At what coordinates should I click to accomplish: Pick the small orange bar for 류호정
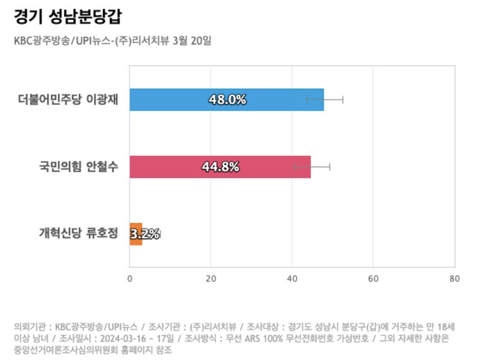coord(136,234)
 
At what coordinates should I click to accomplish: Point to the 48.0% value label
coord(227,100)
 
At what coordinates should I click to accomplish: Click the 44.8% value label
coord(220,167)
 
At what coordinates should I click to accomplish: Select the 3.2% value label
coord(145,234)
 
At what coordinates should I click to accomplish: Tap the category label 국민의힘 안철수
coord(75,167)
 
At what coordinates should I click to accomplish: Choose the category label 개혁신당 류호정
coord(78,234)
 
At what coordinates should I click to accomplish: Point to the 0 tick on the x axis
coord(130,278)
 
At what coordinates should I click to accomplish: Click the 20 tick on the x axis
coord(210,278)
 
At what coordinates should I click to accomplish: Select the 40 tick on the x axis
coord(291,278)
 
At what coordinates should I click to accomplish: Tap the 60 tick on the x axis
coord(373,278)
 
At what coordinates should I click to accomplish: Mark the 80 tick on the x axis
coord(454,278)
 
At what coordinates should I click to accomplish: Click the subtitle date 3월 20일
coord(194,40)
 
